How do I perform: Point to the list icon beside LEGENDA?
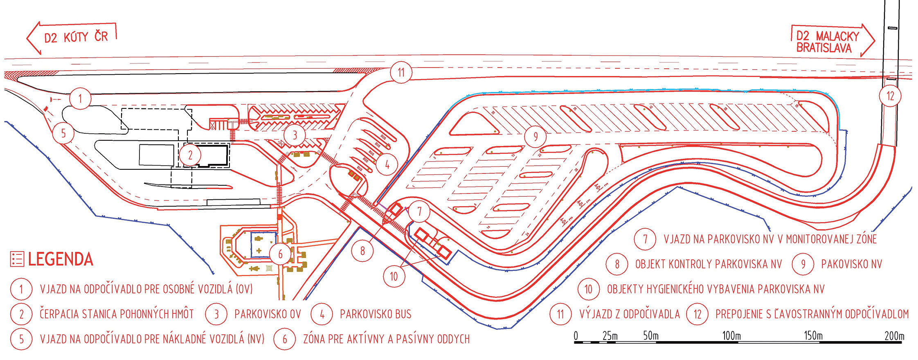(17, 259)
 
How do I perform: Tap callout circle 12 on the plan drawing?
(890, 96)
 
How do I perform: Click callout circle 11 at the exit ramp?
(400, 72)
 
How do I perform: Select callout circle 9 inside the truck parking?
(535, 136)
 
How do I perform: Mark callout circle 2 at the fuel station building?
(190, 155)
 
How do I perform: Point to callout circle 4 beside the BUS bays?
(387, 164)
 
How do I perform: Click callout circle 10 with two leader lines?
(394, 276)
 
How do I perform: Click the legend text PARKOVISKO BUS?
(376, 314)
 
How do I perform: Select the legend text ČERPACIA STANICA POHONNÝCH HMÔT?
(117, 314)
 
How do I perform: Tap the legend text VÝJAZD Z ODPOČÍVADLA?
(630, 314)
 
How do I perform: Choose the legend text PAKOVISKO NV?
(851, 264)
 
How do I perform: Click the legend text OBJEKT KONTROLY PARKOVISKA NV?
(708, 264)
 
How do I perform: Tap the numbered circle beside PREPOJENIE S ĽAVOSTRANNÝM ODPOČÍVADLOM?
(697, 314)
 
